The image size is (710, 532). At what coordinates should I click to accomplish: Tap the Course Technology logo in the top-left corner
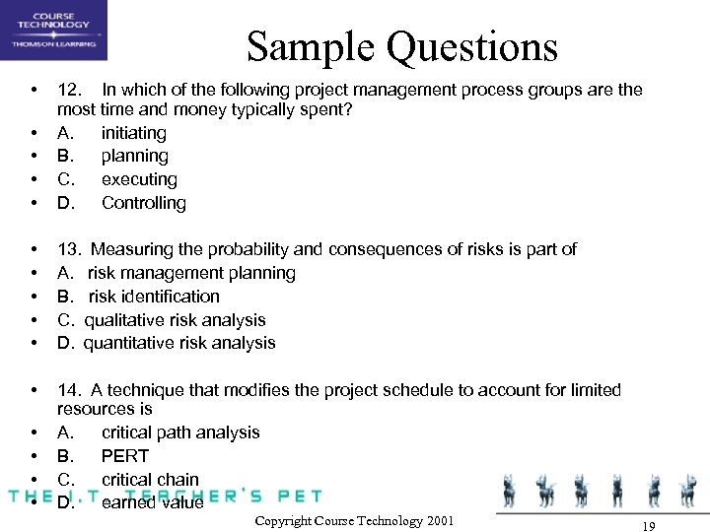tap(54, 31)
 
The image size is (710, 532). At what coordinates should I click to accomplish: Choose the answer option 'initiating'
tap(134, 132)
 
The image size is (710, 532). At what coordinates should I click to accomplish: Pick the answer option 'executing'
tap(139, 179)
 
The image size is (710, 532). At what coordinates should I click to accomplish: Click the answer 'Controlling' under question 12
tap(144, 203)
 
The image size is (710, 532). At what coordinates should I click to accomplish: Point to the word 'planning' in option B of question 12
tap(135, 156)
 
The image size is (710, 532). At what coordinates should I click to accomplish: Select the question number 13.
tap(69, 249)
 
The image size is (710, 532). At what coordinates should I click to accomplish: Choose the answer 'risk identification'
tap(154, 297)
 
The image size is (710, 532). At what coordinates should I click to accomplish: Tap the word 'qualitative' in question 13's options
tap(125, 320)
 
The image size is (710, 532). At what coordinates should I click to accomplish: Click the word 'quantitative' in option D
tap(129, 344)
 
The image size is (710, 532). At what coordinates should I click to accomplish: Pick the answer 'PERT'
tap(125, 456)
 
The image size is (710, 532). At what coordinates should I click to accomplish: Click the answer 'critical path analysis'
tap(180, 432)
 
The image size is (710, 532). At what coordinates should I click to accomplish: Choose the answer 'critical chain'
tap(150, 480)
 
